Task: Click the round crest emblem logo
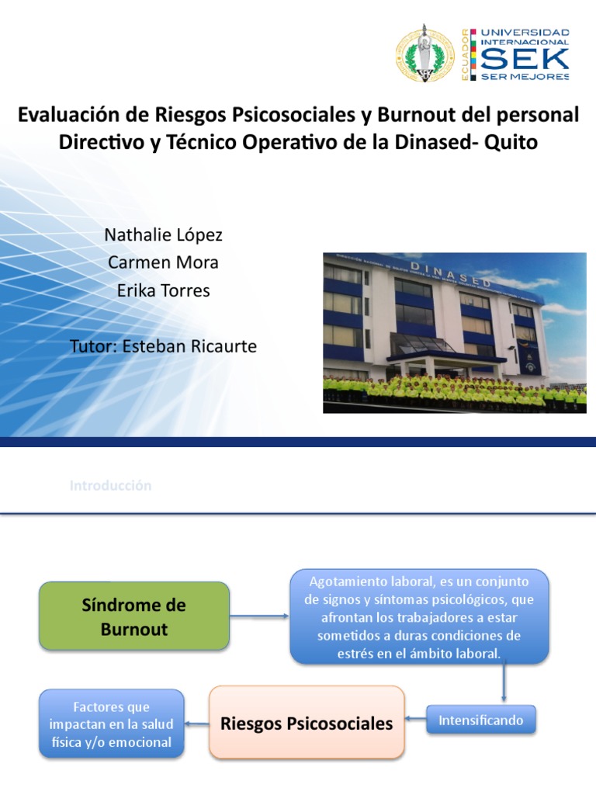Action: (x=425, y=54)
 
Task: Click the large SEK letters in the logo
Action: (x=525, y=57)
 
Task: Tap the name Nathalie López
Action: (x=163, y=234)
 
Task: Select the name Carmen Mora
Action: (x=163, y=262)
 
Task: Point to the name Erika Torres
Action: (x=163, y=290)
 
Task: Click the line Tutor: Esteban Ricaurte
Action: (x=163, y=346)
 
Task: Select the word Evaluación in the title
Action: (x=68, y=115)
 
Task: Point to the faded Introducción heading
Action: (x=110, y=486)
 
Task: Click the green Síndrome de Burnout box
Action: (x=134, y=616)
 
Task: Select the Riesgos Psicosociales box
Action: (x=307, y=723)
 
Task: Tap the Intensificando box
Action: (x=481, y=720)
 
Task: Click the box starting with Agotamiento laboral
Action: (x=419, y=617)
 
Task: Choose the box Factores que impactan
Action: (x=111, y=723)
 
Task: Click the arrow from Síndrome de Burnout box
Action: (x=259, y=617)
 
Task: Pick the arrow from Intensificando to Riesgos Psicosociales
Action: (x=416, y=722)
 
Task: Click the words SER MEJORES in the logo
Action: (x=525, y=77)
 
